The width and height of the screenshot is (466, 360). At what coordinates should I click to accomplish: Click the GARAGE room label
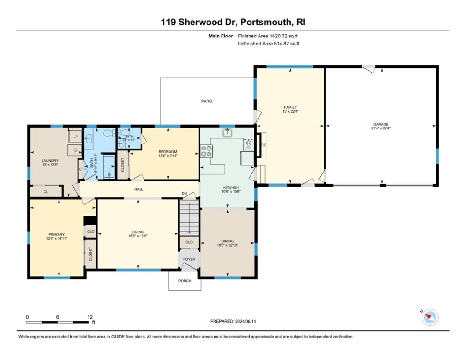pos(381,124)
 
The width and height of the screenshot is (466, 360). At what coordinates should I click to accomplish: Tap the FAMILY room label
pos(290,107)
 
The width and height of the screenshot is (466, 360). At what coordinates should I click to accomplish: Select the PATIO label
pos(207,101)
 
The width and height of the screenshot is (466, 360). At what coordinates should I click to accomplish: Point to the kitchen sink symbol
pos(228,133)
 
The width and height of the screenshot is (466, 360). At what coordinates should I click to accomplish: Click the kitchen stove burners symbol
pos(206,151)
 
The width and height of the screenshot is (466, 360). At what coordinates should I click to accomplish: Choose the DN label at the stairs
pos(185,194)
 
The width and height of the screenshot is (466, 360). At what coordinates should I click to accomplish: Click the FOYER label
pos(189,259)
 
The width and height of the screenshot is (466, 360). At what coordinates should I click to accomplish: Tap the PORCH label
pos(185,281)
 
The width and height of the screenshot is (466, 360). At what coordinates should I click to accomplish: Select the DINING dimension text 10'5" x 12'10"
pos(228,245)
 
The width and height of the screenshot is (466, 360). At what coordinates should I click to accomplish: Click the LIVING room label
pos(138,232)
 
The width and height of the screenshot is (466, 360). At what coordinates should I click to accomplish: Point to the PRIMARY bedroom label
pos(56,234)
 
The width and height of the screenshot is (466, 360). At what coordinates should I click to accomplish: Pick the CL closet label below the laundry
pos(46,192)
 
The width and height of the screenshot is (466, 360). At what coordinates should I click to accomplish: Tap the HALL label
pos(139,189)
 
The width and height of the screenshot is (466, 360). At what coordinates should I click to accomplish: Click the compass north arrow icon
pos(429,317)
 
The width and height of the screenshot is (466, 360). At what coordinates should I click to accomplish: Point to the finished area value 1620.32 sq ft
pos(268,36)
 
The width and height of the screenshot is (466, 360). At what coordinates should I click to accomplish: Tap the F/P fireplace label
pos(263,145)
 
